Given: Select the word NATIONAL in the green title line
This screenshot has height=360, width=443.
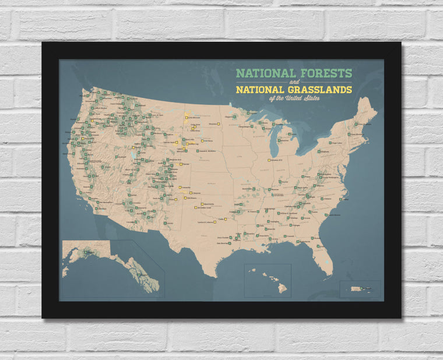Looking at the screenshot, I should pos(260,74).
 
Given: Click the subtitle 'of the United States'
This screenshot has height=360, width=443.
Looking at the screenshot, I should pos(294,98).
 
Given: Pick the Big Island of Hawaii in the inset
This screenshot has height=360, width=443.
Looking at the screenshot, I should pos(283,288).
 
